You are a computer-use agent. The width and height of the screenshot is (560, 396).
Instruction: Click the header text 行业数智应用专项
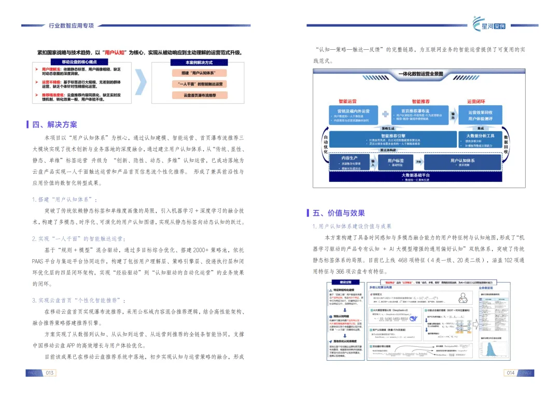(71, 25)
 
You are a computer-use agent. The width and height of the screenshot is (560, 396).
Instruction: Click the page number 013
(50, 373)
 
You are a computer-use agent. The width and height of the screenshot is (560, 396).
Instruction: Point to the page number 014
(510, 373)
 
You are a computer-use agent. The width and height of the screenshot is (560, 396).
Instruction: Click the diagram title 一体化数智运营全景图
(421, 74)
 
